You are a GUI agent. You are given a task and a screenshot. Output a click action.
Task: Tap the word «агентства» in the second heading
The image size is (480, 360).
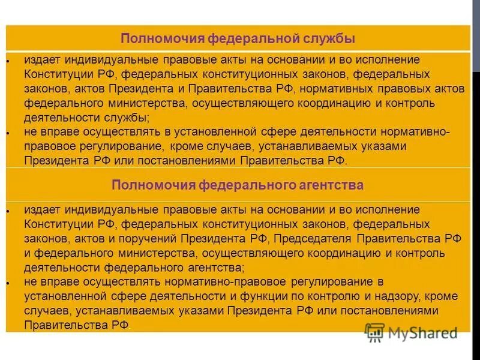[x=333, y=185]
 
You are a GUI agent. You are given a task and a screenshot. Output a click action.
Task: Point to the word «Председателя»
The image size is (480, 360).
[x=311, y=239]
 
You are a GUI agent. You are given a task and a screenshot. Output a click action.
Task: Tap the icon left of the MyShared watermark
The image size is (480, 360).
[x=375, y=332]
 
